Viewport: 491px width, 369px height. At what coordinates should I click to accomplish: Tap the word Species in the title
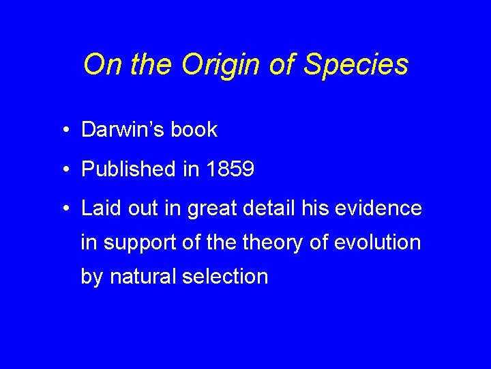pos(356,65)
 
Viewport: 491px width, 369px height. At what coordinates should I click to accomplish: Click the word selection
pos(224,276)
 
